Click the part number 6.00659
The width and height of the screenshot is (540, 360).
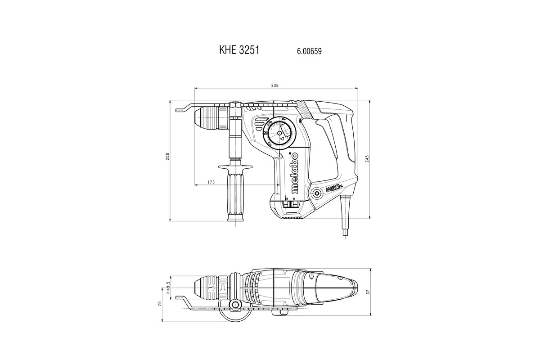(309, 51)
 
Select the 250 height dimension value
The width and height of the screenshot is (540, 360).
(167, 157)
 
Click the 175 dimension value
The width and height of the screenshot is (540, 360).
(211, 182)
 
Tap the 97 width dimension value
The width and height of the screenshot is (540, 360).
(368, 292)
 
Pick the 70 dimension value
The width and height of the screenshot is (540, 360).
(159, 304)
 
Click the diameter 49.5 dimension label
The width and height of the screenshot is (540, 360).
(168, 288)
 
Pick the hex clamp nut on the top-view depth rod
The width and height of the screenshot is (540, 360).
(234, 306)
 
